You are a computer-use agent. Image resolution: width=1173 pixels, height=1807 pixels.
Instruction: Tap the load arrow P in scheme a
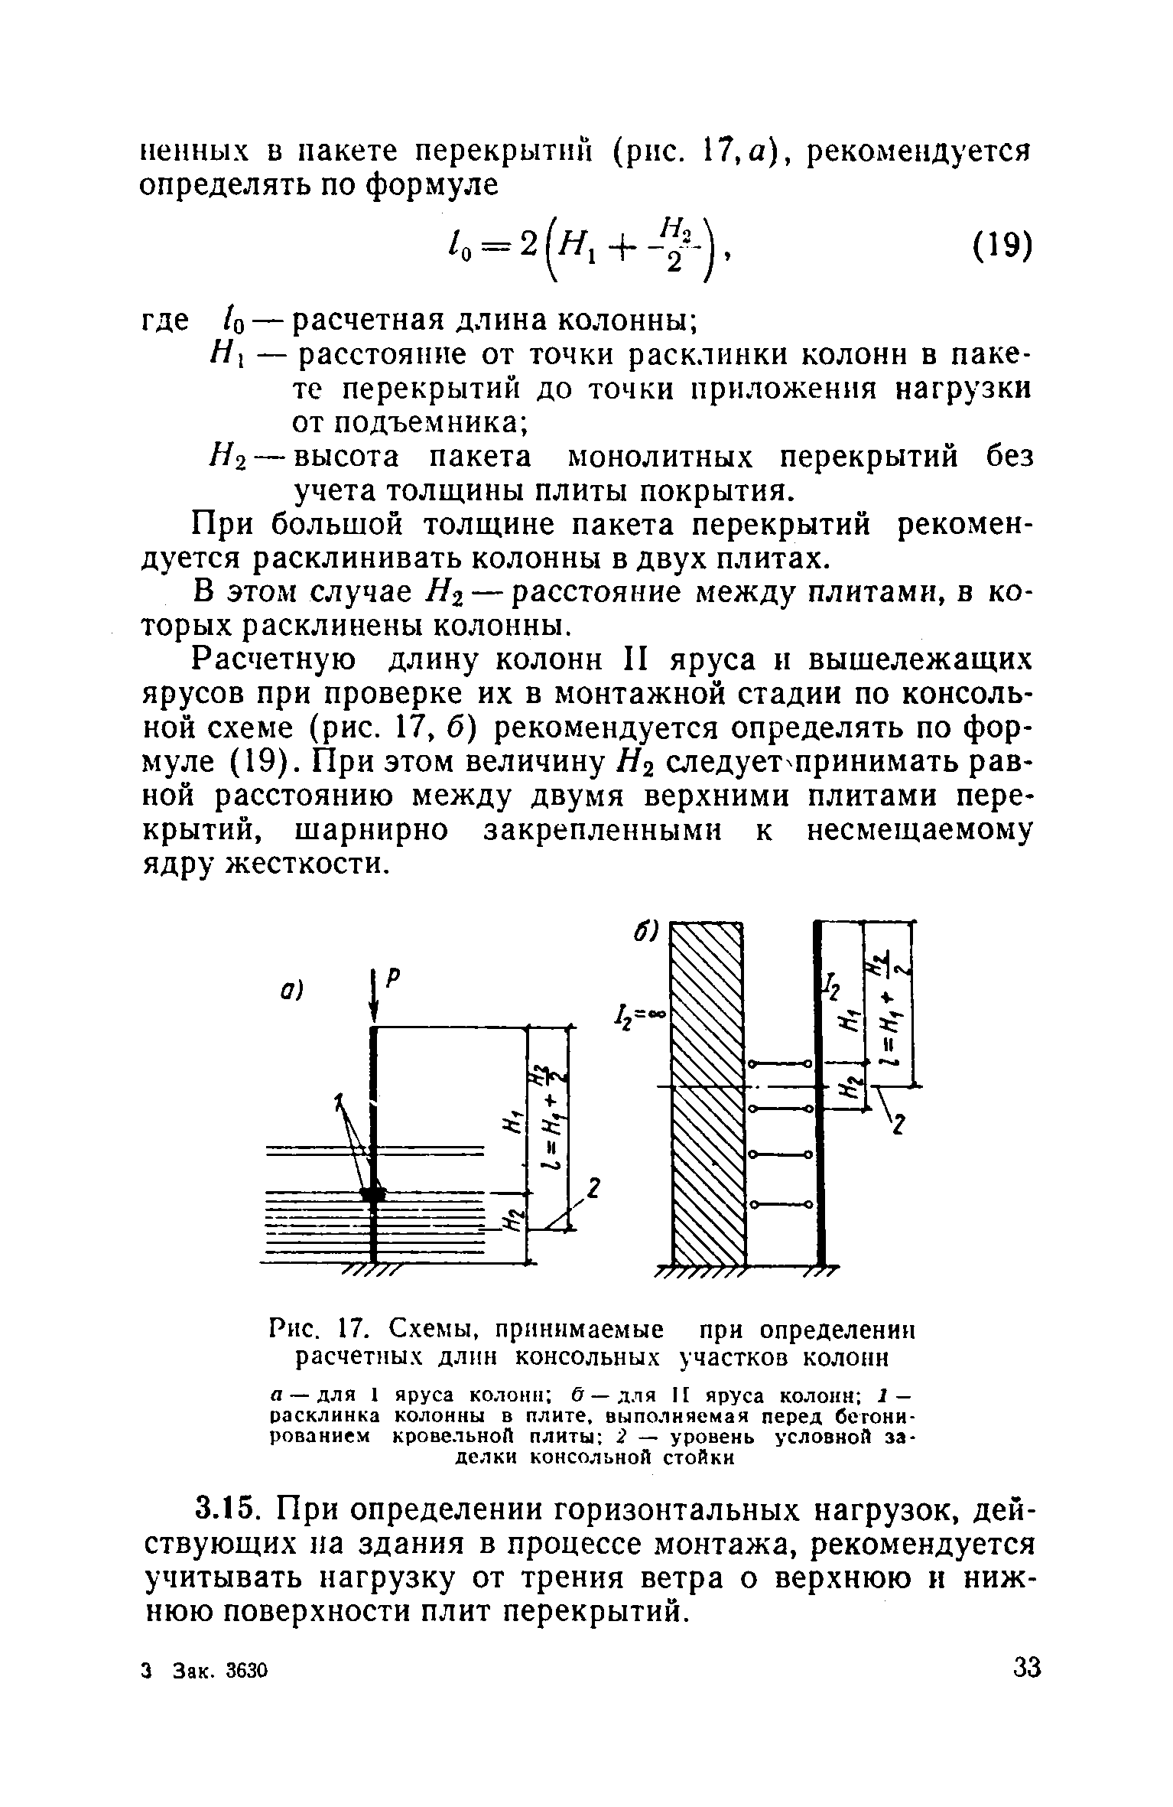373,999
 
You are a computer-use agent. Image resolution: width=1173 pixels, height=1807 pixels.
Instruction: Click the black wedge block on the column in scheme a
373,1194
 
